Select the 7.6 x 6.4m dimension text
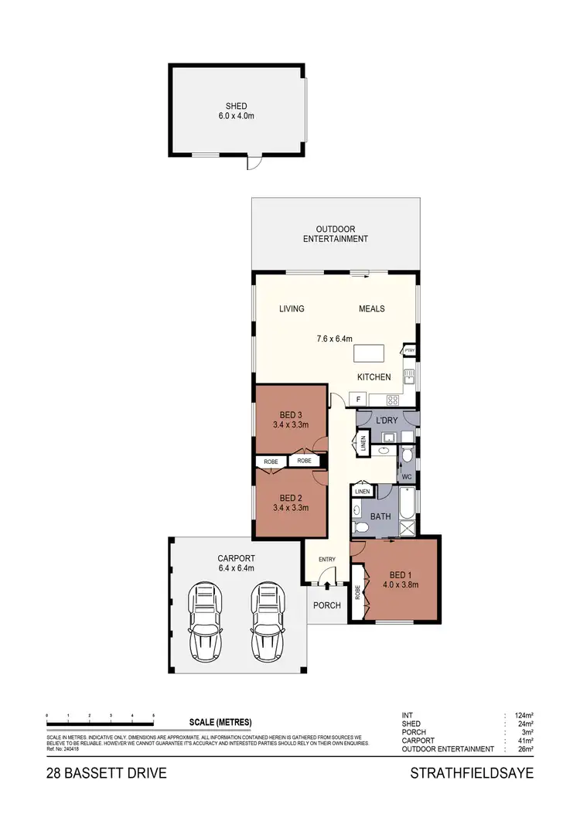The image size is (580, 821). tap(335, 339)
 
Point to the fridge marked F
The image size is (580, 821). tap(358, 400)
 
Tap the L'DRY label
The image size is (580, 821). tap(386, 420)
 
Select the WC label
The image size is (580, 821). tap(407, 477)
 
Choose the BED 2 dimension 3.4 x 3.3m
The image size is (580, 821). tap(291, 508)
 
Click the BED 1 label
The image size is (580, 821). tap(401, 574)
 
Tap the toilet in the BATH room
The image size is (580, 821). tap(360, 528)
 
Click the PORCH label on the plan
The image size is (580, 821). tap(326, 605)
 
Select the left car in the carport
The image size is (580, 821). tap(206, 622)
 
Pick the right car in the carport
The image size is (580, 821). tap(265, 622)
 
